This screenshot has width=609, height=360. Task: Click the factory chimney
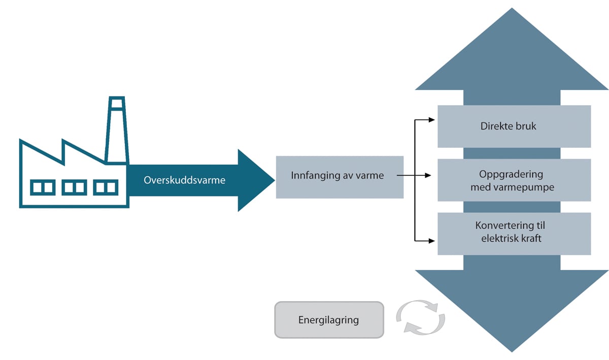pyautogui.click(x=116, y=130)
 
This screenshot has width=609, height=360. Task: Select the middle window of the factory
pyautogui.click(x=74, y=187)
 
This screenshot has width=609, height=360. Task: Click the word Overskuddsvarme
pyautogui.click(x=184, y=180)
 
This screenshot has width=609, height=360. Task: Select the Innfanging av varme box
pyautogui.click(x=340, y=177)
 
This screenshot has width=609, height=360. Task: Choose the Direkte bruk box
pyautogui.click(x=514, y=126)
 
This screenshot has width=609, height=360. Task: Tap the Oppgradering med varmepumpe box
pyautogui.click(x=514, y=180)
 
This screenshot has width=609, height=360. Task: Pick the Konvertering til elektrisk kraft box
pyautogui.click(x=514, y=233)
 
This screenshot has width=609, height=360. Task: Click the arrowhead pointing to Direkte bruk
pyautogui.click(x=432, y=120)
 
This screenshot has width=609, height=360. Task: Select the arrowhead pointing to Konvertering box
pyautogui.click(x=432, y=240)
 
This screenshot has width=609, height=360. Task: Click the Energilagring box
pyautogui.click(x=329, y=320)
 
